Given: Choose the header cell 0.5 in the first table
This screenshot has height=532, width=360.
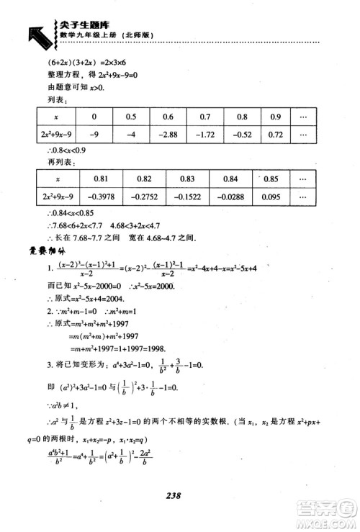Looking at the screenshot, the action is click(130, 116).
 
